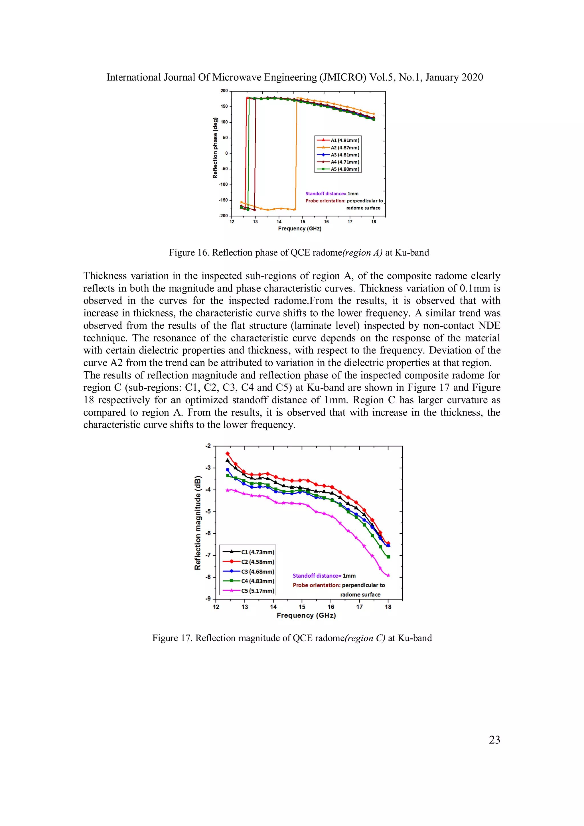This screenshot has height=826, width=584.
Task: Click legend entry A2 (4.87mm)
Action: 344,147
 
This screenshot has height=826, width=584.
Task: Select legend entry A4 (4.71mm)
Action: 344,162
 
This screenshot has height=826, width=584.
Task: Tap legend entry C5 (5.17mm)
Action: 257,591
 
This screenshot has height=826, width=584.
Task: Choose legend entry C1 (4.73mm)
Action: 257,552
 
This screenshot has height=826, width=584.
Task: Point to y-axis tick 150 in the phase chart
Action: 224,106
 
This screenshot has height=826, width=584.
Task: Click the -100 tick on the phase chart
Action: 223,185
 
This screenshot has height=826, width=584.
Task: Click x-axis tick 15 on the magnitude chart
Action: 302,607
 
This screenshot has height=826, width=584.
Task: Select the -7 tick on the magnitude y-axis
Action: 208,555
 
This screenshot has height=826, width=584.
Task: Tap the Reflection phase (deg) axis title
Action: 215,148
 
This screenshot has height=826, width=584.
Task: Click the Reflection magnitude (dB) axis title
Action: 197,523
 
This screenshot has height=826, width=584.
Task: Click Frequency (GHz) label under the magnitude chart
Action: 306,616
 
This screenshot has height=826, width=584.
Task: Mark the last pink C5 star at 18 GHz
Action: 388,575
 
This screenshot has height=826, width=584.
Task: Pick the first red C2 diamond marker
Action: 227,454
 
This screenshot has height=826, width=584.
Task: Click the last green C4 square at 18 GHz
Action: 388,557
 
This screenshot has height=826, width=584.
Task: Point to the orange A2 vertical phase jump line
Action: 296,155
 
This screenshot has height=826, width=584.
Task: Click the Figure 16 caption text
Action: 299,252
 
